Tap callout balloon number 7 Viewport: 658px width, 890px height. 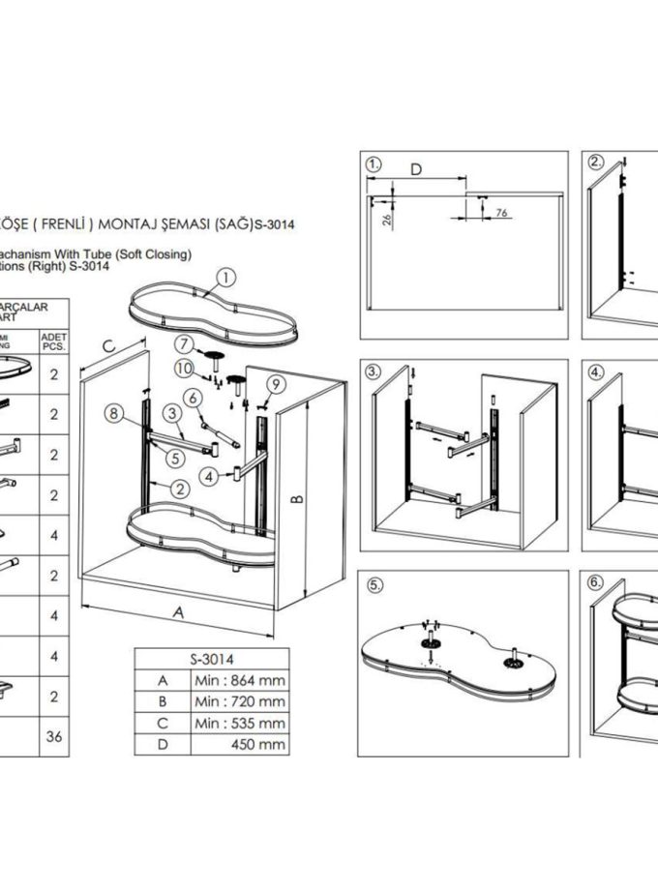185,343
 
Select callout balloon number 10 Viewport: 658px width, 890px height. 185,368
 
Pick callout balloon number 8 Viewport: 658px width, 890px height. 115,413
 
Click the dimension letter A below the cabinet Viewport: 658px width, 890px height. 177,611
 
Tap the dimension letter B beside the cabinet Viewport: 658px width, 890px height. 299,498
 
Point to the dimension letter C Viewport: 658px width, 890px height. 109,345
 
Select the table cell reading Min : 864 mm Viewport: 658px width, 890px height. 238,680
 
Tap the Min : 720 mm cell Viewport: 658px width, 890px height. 238,701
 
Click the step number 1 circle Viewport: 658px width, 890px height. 374,164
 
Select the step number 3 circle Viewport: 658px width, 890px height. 374,371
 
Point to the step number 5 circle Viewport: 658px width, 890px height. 374,586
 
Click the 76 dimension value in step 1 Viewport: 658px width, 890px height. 501,212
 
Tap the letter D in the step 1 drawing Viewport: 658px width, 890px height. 415,170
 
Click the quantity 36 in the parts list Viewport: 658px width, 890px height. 53,737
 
